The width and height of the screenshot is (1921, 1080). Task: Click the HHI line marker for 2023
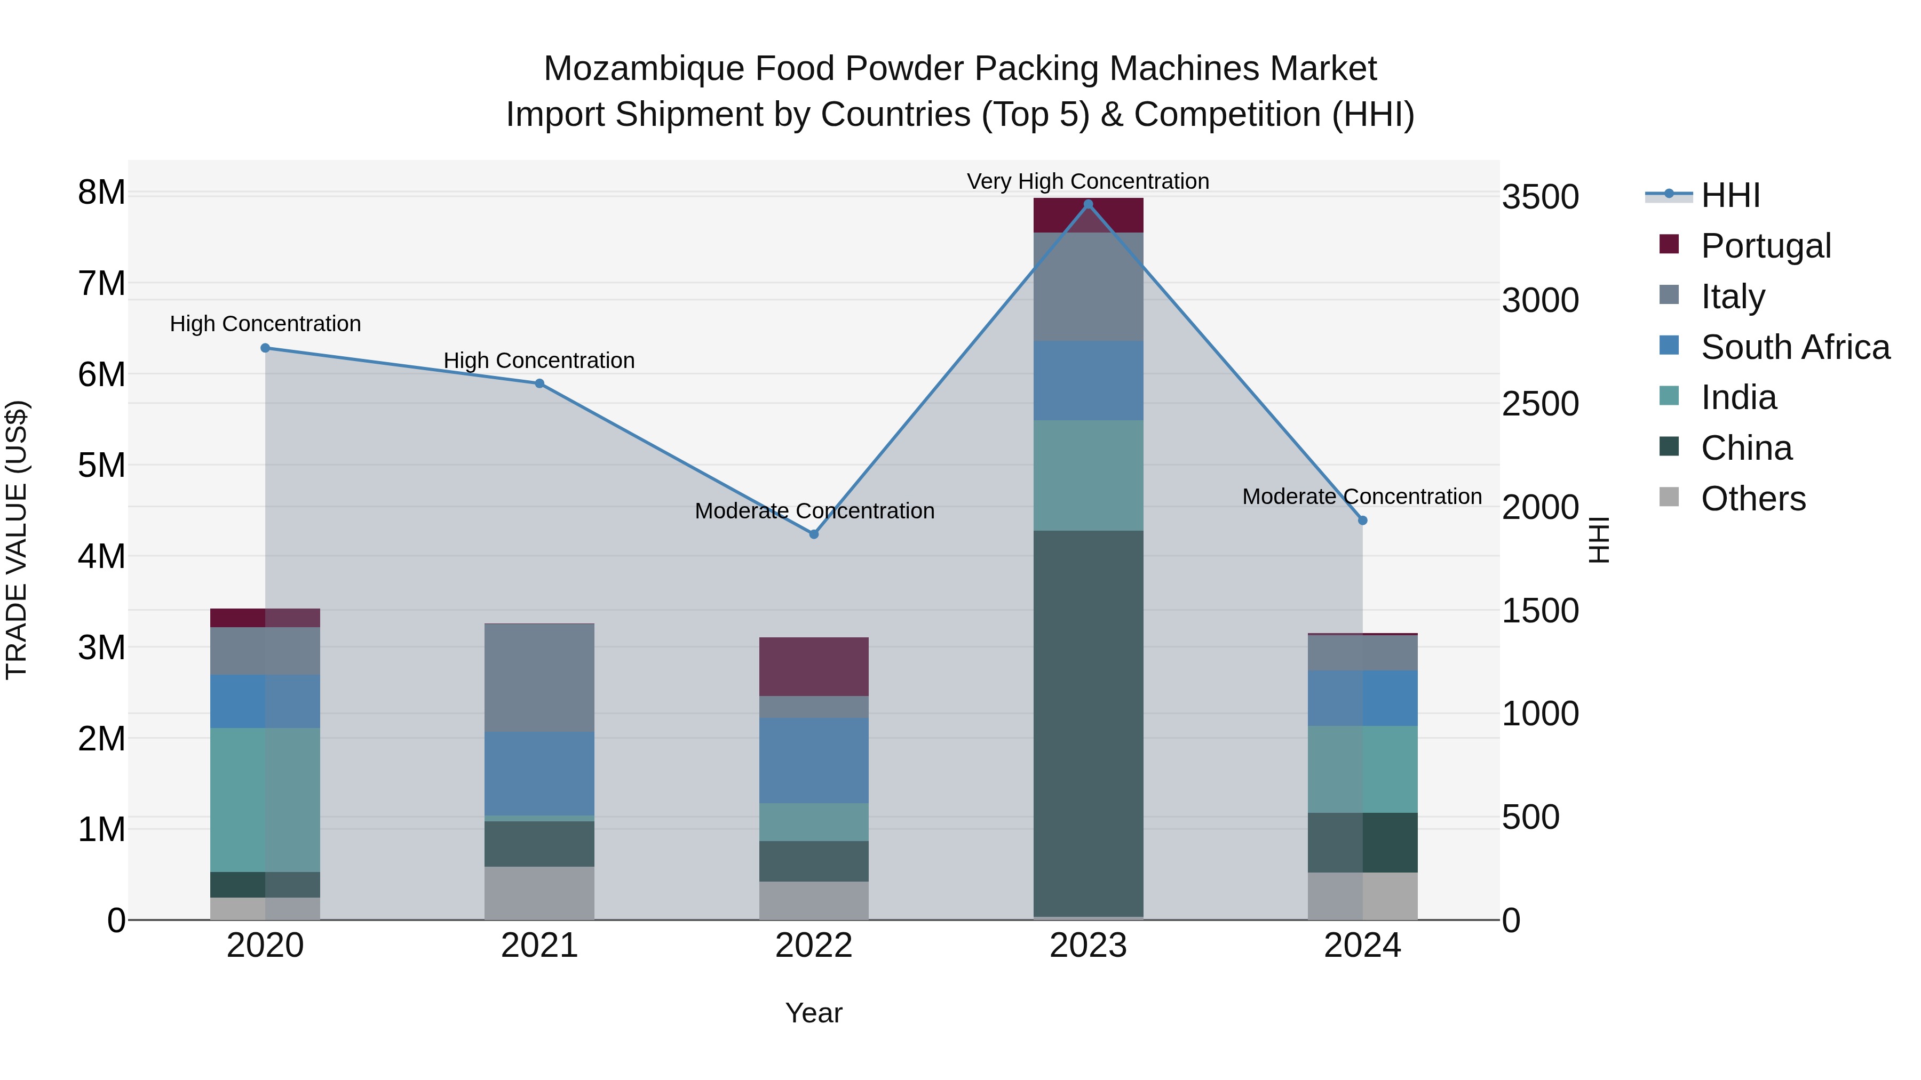[x=1088, y=204]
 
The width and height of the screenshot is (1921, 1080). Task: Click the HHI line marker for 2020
[x=266, y=348]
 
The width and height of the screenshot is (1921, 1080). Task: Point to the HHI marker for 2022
[x=814, y=534]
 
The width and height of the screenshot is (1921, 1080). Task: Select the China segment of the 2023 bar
[x=1088, y=723]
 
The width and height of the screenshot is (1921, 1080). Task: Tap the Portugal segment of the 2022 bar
[x=814, y=666]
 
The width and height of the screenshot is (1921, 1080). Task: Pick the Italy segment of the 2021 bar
[x=539, y=677]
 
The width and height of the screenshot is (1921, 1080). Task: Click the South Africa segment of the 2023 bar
[x=1088, y=381]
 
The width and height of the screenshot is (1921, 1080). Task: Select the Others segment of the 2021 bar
[x=539, y=893]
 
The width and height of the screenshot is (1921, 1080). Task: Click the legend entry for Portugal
[x=1765, y=245]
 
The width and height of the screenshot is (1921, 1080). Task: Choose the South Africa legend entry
[x=1794, y=347]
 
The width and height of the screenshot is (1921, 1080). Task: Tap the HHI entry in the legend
[x=1730, y=195]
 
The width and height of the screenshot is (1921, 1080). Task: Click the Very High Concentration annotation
[x=1088, y=181]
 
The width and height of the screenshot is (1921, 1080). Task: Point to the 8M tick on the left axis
[x=101, y=193]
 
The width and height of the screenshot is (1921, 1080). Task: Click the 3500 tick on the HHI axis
[x=1540, y=197]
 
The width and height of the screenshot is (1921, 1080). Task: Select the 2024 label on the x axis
[x=1362, y=946]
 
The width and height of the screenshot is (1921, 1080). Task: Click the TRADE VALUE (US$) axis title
[x=17, y=540]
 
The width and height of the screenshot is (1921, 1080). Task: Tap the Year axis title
[x=814, y=1013]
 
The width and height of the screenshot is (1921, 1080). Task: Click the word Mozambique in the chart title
[x=643, y=69]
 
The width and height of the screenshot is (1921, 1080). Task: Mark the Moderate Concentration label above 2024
[x=1362, y=497]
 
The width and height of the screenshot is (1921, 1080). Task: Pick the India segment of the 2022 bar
[x=814, y=822]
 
